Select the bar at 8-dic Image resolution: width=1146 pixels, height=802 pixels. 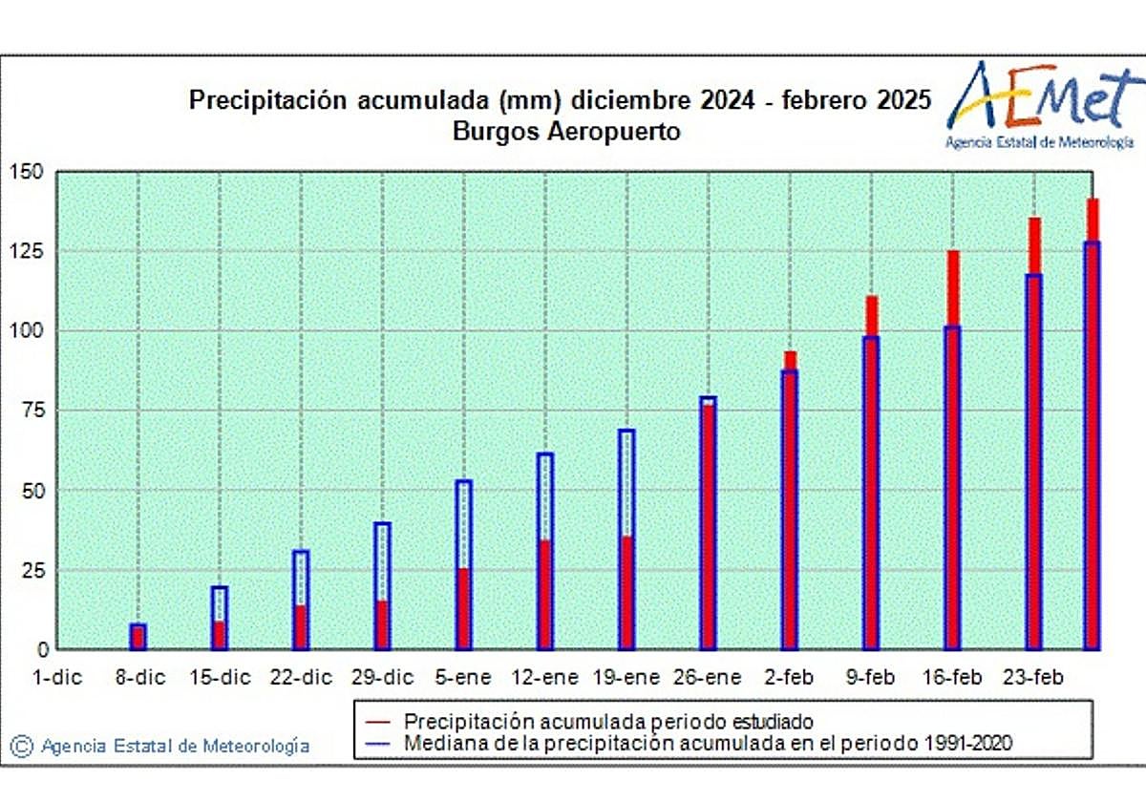coord(138,637)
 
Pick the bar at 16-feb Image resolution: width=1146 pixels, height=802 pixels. coord(952,458)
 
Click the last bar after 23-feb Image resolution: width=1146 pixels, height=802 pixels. coord(1092,430)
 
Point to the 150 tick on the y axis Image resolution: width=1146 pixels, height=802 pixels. coord(27,172)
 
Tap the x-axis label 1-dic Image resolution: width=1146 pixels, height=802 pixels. coord(57,678)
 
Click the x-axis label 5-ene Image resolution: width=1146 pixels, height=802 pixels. coord(464,678)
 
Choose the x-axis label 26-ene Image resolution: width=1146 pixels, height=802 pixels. coord(708,678)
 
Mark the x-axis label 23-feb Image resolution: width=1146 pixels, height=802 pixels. coord(1033,678)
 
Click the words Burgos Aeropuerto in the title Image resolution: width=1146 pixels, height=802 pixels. coord(567,132)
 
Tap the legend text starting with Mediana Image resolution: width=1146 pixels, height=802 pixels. coord(707,742)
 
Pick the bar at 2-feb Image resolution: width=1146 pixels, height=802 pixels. coord(790,506)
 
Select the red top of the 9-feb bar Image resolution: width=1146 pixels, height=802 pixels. coord(871,316)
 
